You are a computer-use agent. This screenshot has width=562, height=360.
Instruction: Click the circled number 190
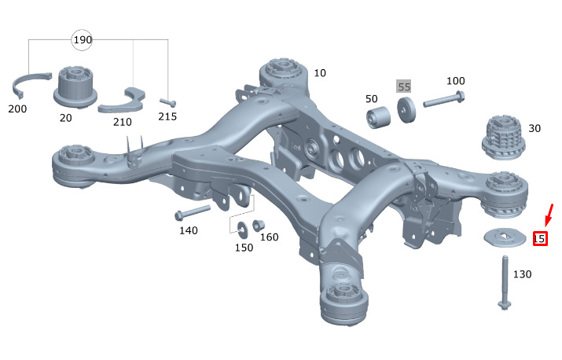coord(82,40)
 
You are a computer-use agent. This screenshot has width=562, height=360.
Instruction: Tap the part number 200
coord(17,108)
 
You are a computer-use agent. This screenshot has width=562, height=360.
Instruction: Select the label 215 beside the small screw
coord(167,116)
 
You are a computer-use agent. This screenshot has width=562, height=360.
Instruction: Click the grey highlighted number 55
coord(404,86)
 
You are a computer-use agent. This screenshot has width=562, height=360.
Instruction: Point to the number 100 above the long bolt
coord(456,81)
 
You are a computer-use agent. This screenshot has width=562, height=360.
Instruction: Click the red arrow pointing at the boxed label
coord(549,215)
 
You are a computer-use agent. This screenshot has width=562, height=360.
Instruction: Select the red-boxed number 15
coord(540,238)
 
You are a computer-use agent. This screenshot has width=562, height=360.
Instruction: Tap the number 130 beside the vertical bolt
coord(522,274)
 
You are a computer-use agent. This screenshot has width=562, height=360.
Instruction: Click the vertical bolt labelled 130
coord(505,282)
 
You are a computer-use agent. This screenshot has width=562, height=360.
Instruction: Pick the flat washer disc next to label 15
coord(505,237)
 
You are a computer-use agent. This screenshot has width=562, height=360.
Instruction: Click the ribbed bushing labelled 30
coord(501,138)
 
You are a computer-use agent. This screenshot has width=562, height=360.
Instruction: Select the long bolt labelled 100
coord(444,99)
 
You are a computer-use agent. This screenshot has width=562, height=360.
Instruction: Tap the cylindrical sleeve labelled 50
coord(379,117)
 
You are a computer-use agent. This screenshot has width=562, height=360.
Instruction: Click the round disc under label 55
coord(406,110)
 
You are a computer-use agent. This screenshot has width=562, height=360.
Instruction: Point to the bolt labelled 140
coord(192,212)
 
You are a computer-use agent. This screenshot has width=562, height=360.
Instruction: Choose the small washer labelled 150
coord(243,229)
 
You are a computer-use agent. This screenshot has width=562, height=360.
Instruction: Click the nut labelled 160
coord(258,226)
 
